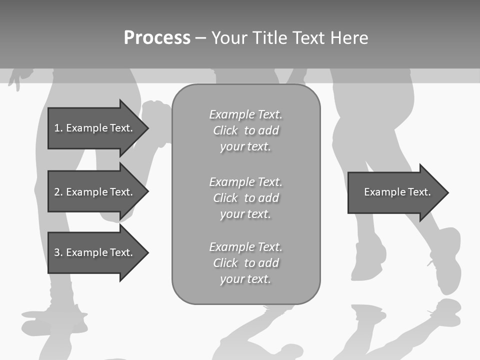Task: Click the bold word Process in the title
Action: coord(157,38)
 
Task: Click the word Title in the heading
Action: coord(268,38)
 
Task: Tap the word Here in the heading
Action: coord(349,38)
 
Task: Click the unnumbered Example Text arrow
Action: coord(395,192)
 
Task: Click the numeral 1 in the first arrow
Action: coord(57,128)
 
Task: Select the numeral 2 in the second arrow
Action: coord(57,192)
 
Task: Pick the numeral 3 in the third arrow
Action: coord(57,252)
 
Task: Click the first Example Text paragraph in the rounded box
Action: coord(245,130)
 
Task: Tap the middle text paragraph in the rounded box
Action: coord(245,197)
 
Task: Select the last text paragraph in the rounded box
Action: coord(245,263)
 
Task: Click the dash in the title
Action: coord(200,38)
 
